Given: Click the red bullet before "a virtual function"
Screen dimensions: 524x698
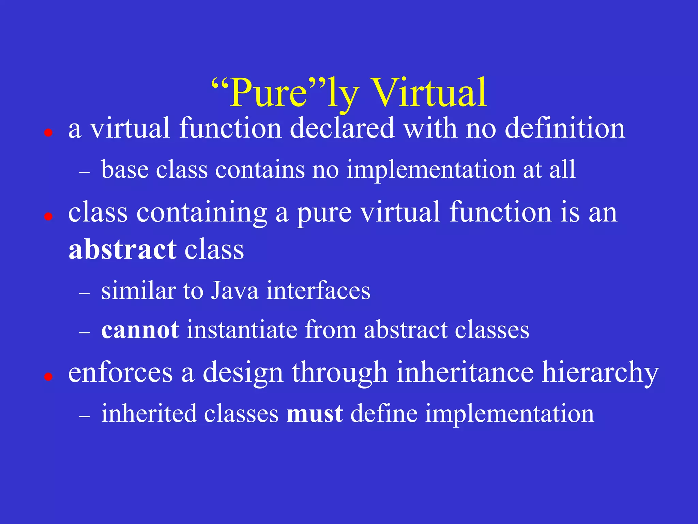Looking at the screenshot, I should (x=48, y=133).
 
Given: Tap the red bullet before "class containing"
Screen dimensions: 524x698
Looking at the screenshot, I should (x=48, y=216).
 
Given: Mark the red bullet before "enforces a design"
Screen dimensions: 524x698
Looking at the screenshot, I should (x=48, y=377).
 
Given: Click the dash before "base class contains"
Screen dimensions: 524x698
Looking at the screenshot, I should (x=84, y=173).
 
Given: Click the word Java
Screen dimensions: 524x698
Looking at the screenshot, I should (x=234, y=291).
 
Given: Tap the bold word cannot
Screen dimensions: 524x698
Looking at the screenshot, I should (x=140, y=330).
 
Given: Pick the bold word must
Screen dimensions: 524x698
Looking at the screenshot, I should (x=315, y=413).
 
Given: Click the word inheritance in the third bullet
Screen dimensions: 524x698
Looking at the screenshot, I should (x=465, y=373).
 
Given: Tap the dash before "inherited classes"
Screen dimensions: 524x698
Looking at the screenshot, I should (x=84, y=417).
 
